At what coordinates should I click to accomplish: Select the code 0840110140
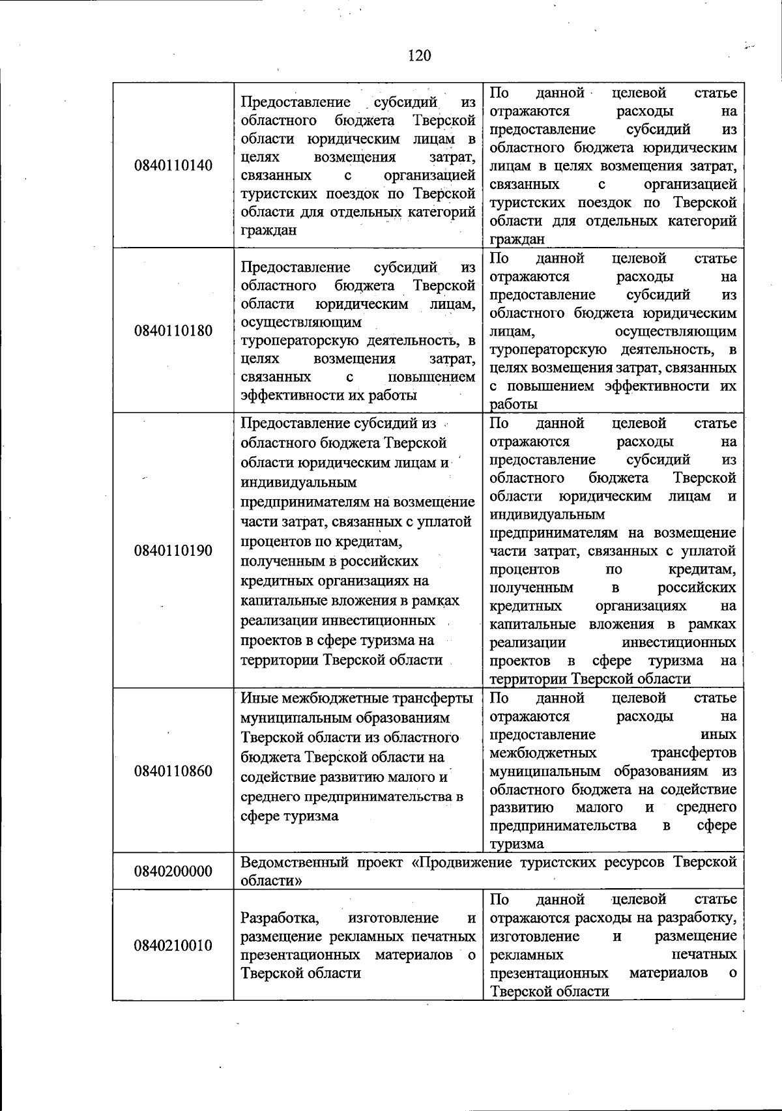[x=173, y=166]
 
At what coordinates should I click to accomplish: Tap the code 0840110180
[x=173, y=330]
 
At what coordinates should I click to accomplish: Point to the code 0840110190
[x=173, y=551]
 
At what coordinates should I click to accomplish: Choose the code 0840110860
[x=173, y=772]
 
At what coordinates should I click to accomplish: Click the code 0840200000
[x=173, y=871]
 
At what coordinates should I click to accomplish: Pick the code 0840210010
[x=173, y=945]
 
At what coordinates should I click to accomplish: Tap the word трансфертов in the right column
[x=693, y=753]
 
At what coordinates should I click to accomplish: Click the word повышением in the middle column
[x=431, y=377]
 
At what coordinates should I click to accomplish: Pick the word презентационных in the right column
[x=549, y=973]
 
